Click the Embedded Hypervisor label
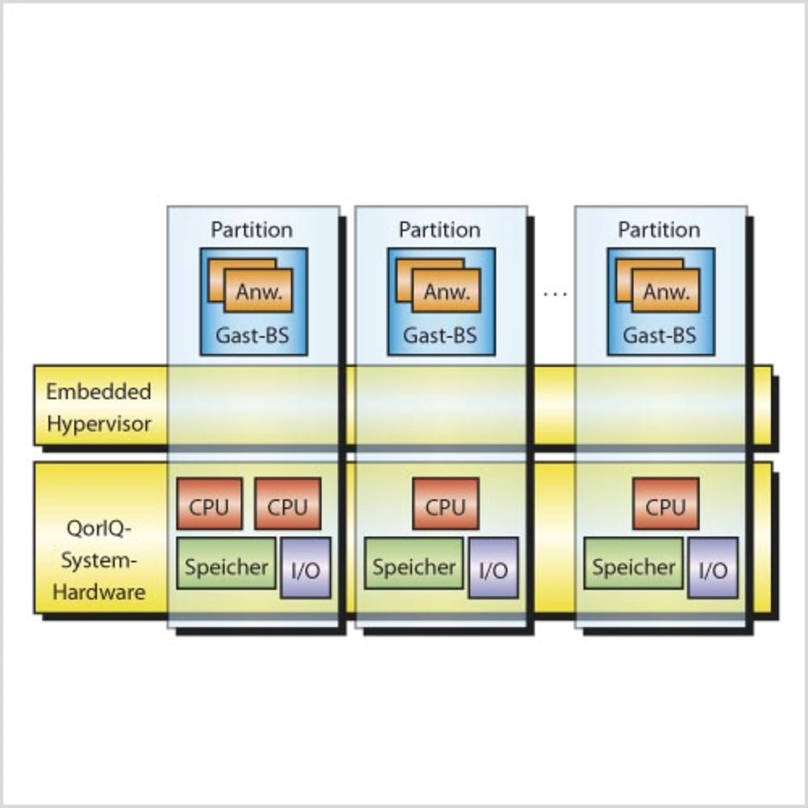click(98, 408)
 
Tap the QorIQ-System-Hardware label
click(98, 560)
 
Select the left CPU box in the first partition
click(209, 504)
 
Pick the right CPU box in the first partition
click(288, 504)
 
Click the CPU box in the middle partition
click(446, 504)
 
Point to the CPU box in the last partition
click(665, 504)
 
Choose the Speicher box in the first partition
click(226, 563)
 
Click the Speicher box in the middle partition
click(414, 563)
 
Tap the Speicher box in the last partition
click(633, 563)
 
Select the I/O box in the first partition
click(306, 567)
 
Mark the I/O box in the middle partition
click(493, 567)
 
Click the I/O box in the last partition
click(713, 567)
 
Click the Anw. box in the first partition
click(258, 290)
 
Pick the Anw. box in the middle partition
click(446, 290)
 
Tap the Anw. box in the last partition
click(666, 290)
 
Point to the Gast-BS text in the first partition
click(252, 335)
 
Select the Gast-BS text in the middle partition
click(440, 335)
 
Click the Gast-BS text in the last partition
click(660, 335)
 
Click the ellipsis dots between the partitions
click(555, 294)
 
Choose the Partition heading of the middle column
click(440, 230)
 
